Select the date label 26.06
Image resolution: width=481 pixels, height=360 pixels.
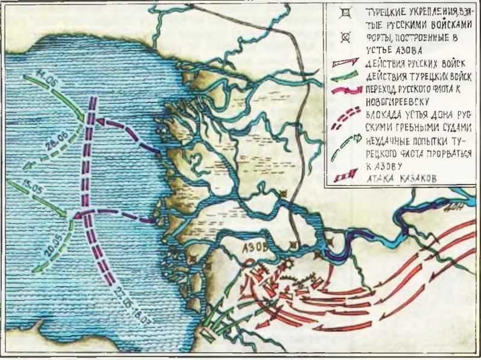click(x=54, y=147)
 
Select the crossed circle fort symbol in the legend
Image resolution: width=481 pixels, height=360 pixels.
click(x=345, y=37)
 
